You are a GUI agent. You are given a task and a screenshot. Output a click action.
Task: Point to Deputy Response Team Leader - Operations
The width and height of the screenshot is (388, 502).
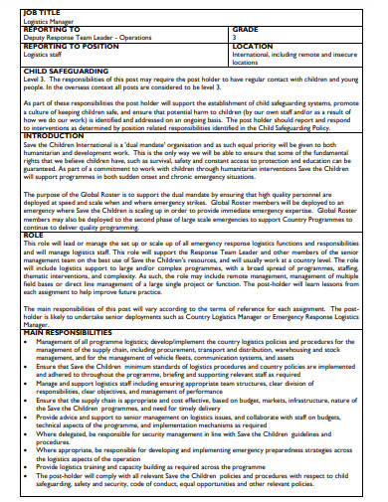(89, 37)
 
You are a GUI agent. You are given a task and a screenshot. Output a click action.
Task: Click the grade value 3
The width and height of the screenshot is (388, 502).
(234, 37)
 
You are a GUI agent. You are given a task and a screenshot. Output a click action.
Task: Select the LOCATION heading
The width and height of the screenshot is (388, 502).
(252, 47)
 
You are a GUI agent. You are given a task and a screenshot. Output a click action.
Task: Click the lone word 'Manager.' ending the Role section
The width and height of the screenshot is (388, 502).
(36, 323)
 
